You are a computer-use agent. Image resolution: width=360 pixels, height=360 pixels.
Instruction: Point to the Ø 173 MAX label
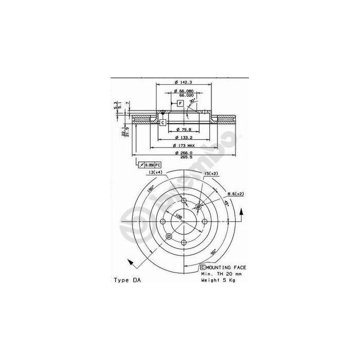pyautogui.click(x=184, y=146)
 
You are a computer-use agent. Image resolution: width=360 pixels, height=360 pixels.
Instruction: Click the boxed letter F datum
pyautogui.click(x=181, y=103)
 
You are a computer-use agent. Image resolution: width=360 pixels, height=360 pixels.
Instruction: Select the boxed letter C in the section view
pyautogui.click(x=163, y=122)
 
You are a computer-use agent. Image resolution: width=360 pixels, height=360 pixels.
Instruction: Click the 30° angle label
pyautogui.click(x=192, y=101)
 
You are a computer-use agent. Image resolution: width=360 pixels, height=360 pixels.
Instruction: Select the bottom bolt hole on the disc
pyautogui.click(x=184, y=242)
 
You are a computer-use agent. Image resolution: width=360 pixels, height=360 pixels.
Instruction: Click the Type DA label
pyautogui.click(x=126, y=281)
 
